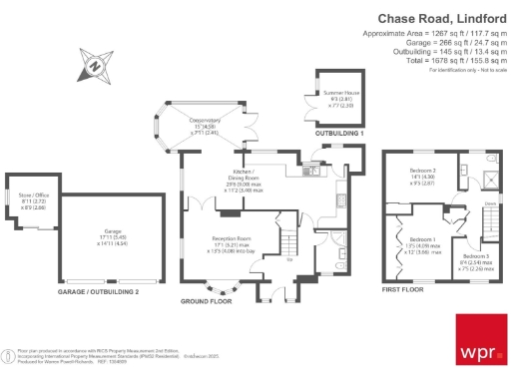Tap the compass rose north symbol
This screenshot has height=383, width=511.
[93, 67]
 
